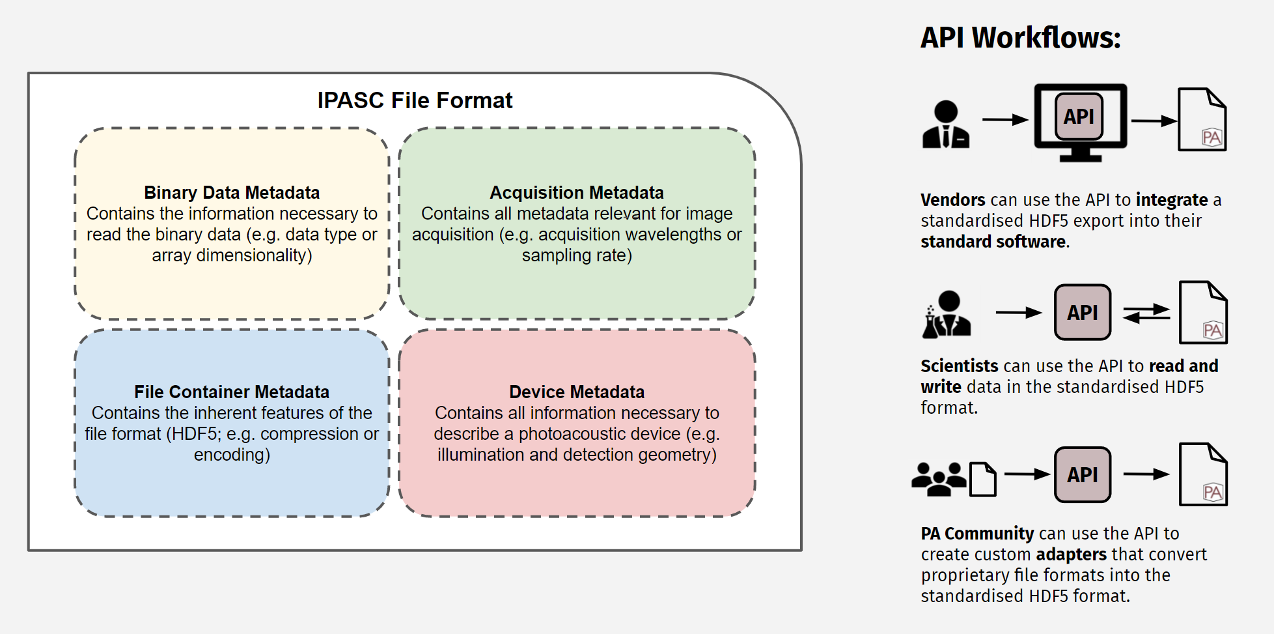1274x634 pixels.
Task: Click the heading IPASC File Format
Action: click(x=415, y=100)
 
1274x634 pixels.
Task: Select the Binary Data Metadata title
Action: click(x=232, y=193)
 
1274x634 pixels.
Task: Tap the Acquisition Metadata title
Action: click(x=576, y=193)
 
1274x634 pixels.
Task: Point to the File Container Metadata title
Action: click(x=232, y=392)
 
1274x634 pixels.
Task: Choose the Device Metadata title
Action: click(x=576, y=392)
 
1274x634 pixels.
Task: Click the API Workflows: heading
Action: click(x=1020, y=38)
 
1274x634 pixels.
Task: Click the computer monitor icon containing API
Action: click(x=1080, y=121)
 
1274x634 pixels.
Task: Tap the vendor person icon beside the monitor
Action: click(x=946, y=124)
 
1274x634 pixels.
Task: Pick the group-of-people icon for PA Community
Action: click(x=938, y=479)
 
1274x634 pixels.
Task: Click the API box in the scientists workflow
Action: click(x=1082, y=313)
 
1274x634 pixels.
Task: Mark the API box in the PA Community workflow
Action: click(x=1082, y=475)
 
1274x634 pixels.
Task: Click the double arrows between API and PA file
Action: click(x=1146, y=313)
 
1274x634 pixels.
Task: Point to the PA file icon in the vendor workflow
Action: click(x=1202, y=120)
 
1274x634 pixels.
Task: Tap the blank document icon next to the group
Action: click(x=983, y=480)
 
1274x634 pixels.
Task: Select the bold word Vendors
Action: click(x=953, y=200)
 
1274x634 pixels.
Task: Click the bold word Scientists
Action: click(x=959, y=366)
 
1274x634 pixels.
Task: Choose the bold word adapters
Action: click(x=1071, y=555)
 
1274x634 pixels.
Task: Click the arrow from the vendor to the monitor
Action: click(x=1004, y=120)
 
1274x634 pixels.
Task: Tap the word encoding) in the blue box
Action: click(x=232, y=455)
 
